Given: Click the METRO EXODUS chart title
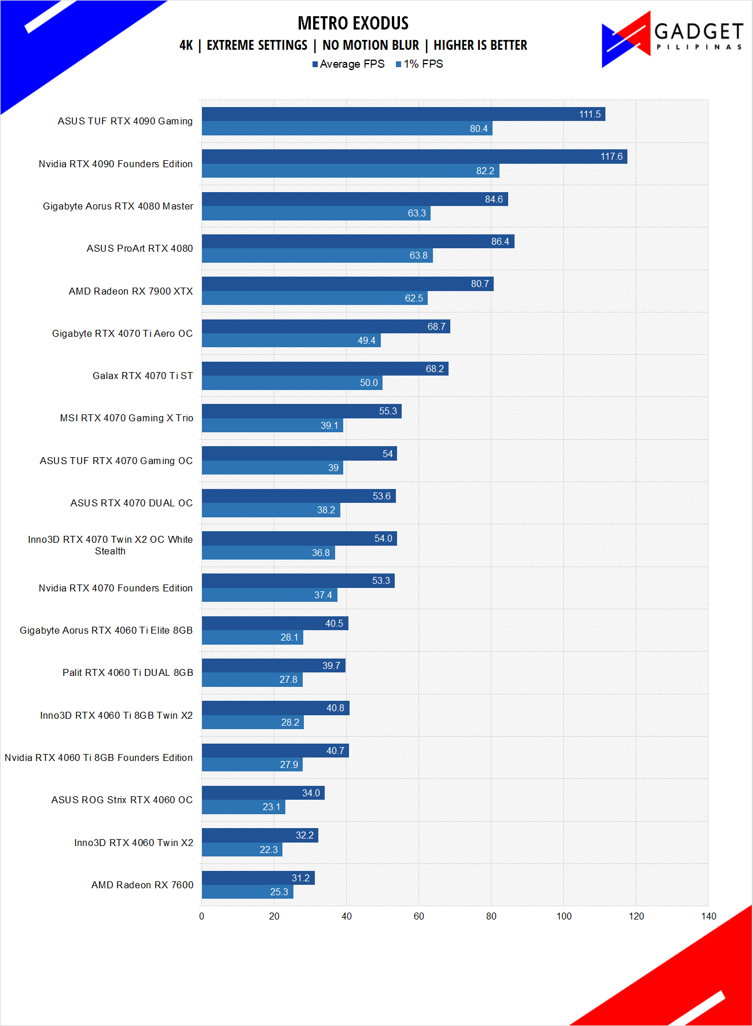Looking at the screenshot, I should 353,23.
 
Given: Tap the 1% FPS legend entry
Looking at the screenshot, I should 420,64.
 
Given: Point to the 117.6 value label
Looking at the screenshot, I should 611,157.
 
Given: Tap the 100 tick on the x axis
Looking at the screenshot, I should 564,916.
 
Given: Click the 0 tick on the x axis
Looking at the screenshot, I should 201,916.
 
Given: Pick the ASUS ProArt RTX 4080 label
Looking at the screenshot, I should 139,249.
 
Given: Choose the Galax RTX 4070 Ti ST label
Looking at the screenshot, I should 142,376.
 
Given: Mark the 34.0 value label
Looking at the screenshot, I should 311,793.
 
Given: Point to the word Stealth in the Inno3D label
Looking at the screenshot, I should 110,551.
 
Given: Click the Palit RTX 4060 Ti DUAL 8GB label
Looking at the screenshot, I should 127,673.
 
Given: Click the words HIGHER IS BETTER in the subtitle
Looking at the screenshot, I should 480,45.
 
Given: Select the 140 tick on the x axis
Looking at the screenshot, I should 708,916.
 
